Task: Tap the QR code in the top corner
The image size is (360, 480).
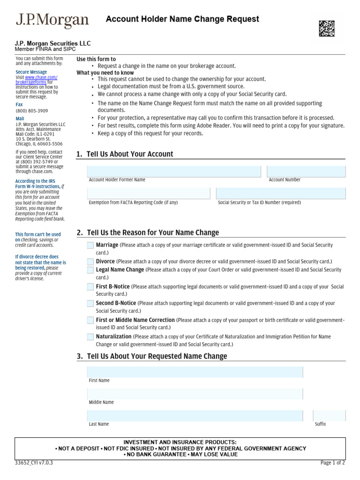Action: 327,29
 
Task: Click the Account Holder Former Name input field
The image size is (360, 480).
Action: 174,172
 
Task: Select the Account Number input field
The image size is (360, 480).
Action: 306,172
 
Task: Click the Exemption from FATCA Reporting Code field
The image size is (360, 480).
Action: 149,193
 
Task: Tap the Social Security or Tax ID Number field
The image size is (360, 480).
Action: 281,193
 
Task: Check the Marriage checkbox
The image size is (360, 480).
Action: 90,245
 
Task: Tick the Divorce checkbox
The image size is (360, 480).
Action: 90,262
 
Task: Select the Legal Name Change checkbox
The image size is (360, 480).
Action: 90,270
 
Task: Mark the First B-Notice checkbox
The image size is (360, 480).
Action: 90,287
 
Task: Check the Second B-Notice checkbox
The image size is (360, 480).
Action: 90,303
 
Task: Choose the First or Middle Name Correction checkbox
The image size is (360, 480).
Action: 90,320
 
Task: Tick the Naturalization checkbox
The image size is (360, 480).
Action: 90,337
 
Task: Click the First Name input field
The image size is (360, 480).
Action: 195,372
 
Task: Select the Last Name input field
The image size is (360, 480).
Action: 195,416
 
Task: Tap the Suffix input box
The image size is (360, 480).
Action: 329,416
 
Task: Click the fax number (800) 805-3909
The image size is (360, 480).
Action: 32,111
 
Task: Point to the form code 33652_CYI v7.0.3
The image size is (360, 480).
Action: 34,463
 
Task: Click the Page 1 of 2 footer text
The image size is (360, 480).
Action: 332,463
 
